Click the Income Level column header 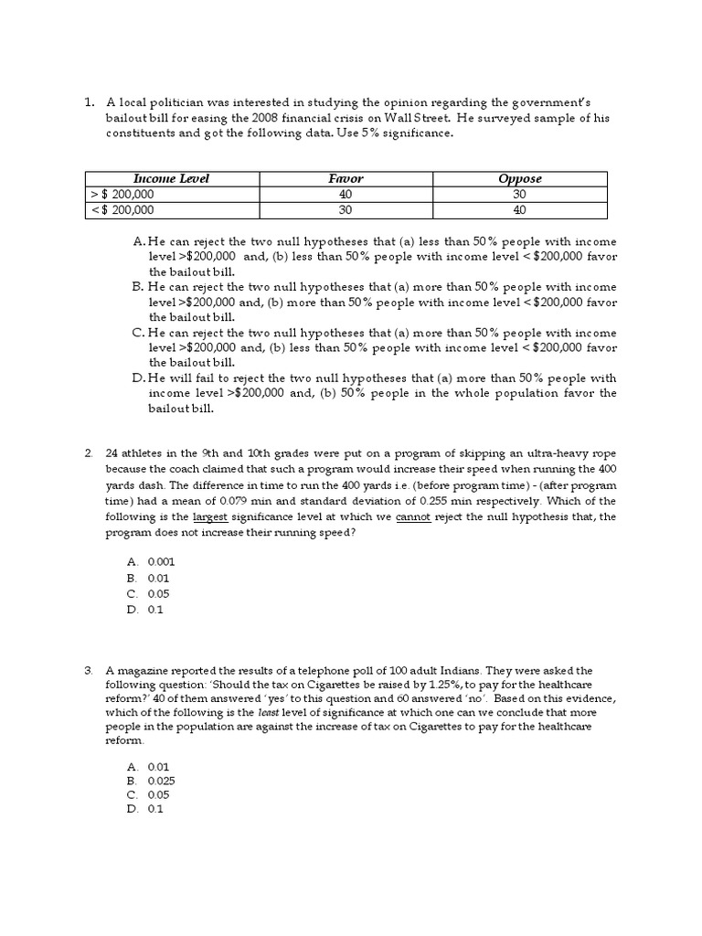171,179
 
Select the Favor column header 346,179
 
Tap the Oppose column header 519,179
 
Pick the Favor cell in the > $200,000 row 346,195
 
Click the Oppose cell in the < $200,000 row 519,210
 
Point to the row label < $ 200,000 122,210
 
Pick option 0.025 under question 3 161,782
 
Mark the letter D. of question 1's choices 139,378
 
